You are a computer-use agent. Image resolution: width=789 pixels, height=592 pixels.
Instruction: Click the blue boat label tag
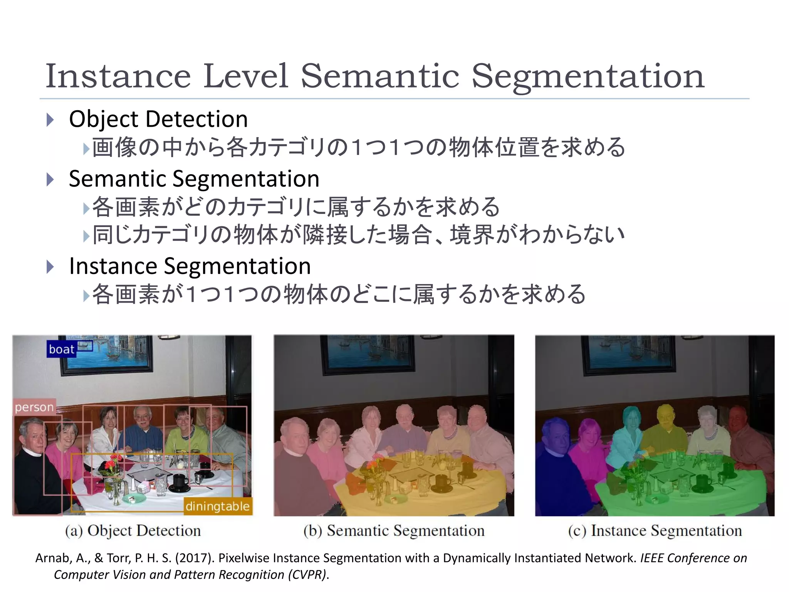[x=61, y=349]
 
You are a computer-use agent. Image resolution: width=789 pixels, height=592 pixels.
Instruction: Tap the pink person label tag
[x=34, y=407]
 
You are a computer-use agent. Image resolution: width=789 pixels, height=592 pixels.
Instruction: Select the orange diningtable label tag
[x=218, y=506]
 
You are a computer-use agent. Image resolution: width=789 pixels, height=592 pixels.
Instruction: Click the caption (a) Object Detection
[x=133, y=531]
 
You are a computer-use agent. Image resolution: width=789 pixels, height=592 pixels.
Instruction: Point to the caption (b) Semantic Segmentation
[x=394, y=531]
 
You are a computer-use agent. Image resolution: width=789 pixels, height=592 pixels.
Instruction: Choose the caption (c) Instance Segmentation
[x=655, y=531]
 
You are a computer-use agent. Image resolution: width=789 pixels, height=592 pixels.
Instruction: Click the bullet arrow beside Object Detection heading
[x=50, y=119]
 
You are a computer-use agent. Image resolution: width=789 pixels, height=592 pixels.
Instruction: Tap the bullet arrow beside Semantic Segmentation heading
[x=50, y=179]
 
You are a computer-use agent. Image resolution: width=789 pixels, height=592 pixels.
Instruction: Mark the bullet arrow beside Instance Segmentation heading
[x=50, y=267]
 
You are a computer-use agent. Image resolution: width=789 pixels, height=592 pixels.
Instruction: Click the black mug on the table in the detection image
[x=179, y=482]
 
